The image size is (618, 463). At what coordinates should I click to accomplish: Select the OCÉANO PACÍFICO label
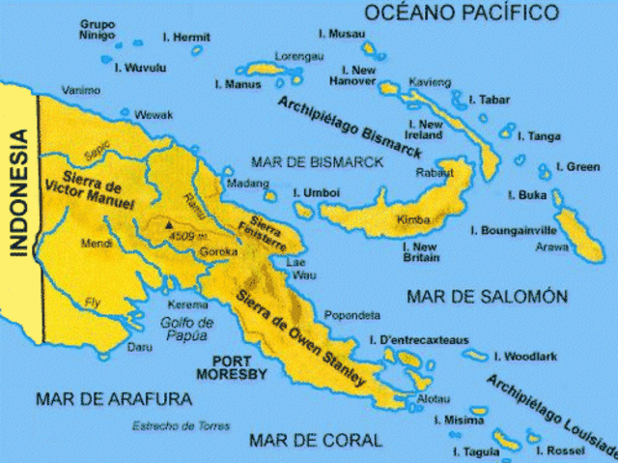point(462,13)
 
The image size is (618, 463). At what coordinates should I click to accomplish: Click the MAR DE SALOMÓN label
point(486,295)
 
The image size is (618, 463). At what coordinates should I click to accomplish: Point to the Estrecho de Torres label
point(183,426)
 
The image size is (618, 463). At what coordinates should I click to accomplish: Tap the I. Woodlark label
point(525,357)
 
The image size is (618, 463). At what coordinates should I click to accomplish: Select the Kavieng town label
point(430,81)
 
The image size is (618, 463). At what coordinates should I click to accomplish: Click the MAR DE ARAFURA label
point(113,398)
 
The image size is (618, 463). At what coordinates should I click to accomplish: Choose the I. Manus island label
point(236,86)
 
